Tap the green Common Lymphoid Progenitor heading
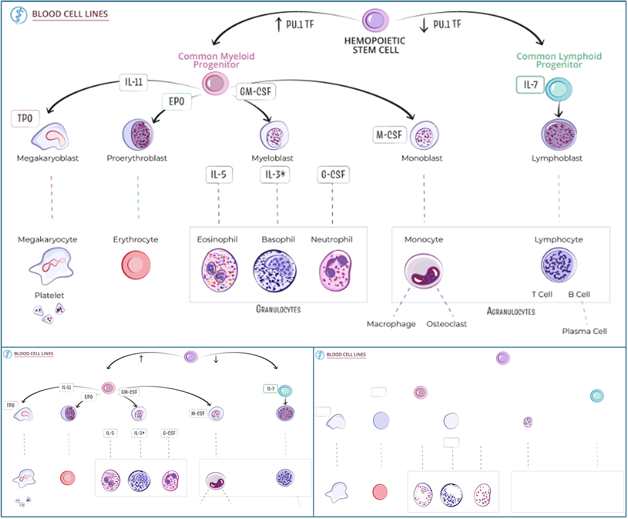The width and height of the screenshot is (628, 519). (x=558, y=60)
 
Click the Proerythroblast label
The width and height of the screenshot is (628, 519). (x=137, y=158)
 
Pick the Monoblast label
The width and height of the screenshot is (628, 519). (x=423, y=158)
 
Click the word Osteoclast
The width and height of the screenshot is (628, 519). (x=446, y=324)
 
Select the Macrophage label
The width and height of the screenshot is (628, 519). (x=391, y=324)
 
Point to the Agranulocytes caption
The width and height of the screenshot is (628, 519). (x=510, y=312)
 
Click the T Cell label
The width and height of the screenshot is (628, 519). (x=542, y=294)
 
